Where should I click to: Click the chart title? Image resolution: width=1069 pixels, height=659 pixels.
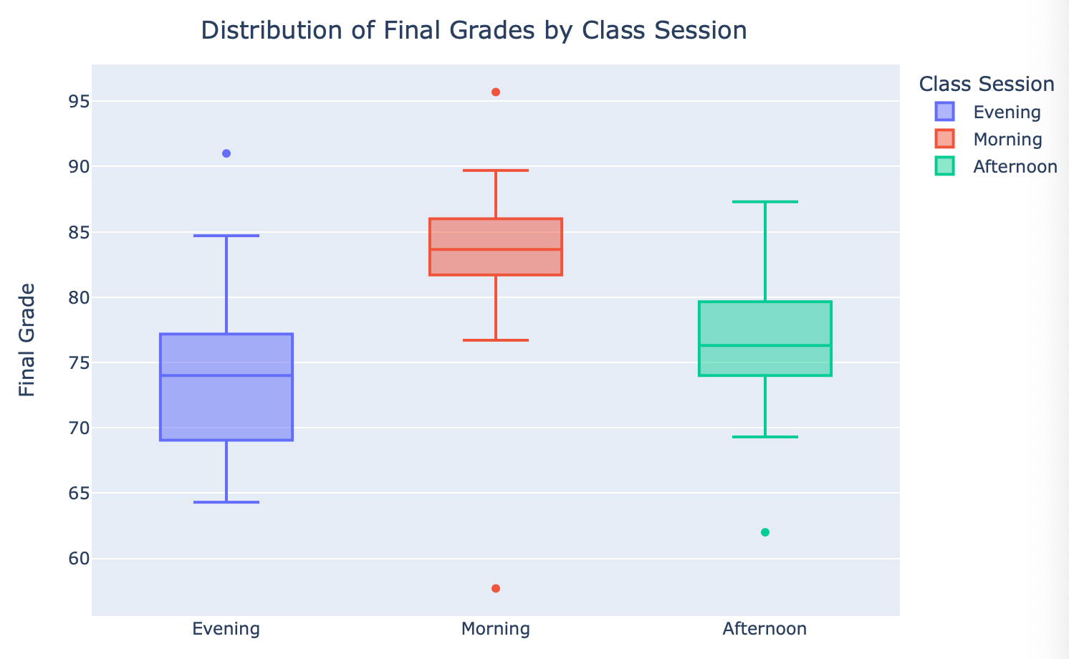[474, 31]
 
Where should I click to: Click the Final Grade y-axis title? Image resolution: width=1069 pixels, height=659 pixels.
[27, 340]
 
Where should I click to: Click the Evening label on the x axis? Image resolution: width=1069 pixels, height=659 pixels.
[226, 629]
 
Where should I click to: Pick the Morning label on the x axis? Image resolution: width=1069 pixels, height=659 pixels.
[496, 629]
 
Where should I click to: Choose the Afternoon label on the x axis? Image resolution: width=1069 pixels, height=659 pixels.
[764, 629]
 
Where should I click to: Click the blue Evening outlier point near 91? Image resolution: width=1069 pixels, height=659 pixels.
[226, 153]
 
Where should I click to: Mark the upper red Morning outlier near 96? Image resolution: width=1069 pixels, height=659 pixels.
[496, 92]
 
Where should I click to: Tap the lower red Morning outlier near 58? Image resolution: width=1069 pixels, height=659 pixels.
[496, 589]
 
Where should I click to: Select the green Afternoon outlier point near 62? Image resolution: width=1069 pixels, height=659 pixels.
[765, 532]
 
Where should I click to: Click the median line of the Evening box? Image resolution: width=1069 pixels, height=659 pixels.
[226, 375]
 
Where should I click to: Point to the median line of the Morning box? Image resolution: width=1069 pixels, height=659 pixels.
[496, 249]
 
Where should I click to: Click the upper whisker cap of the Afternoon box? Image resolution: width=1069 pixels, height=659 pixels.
[765, 202]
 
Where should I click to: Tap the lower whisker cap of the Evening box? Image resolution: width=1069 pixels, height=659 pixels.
[226, 502]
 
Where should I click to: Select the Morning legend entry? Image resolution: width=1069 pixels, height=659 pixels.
[1007, 139]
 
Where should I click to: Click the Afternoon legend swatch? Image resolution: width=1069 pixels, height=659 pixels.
[945, 166]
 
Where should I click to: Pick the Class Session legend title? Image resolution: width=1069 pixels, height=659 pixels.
[986, 85]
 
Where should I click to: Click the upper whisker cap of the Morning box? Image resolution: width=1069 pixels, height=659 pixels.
[496, 170]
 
